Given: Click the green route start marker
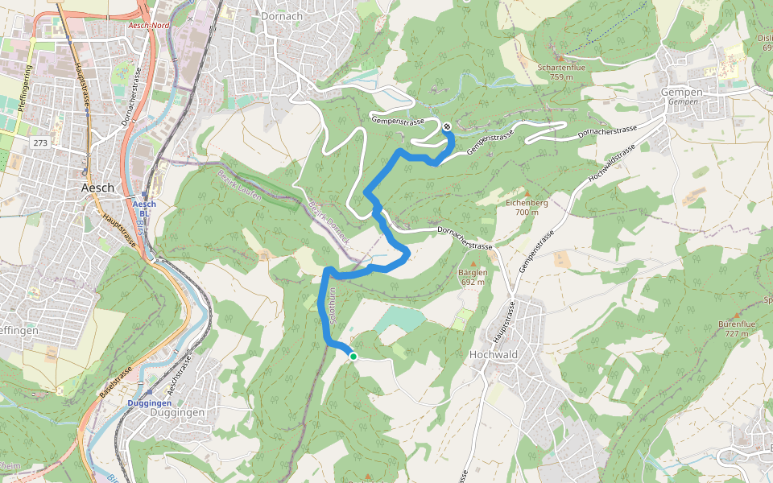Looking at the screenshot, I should pos(353,356).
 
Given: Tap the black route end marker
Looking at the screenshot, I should pos(446,125).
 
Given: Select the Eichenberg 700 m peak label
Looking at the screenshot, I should pos(527,207).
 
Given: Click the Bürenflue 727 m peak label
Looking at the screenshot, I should pos(735,328).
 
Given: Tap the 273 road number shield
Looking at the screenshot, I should pos(41,142).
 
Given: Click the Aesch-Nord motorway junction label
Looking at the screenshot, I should pos(149,25).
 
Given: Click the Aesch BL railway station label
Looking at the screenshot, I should pos(144,208).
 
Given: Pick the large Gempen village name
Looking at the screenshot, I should pos(680,92).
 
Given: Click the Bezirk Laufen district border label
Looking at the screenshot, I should pos(242,183).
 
